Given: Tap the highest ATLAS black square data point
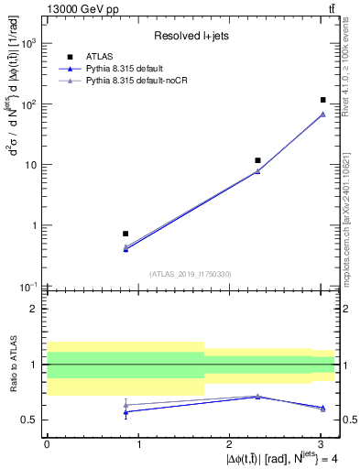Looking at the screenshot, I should click(323, 100).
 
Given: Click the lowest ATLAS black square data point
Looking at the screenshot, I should click(125, 234).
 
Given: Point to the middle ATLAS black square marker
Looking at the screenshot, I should click(258, 160).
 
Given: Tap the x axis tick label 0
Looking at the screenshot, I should click(47, 442).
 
